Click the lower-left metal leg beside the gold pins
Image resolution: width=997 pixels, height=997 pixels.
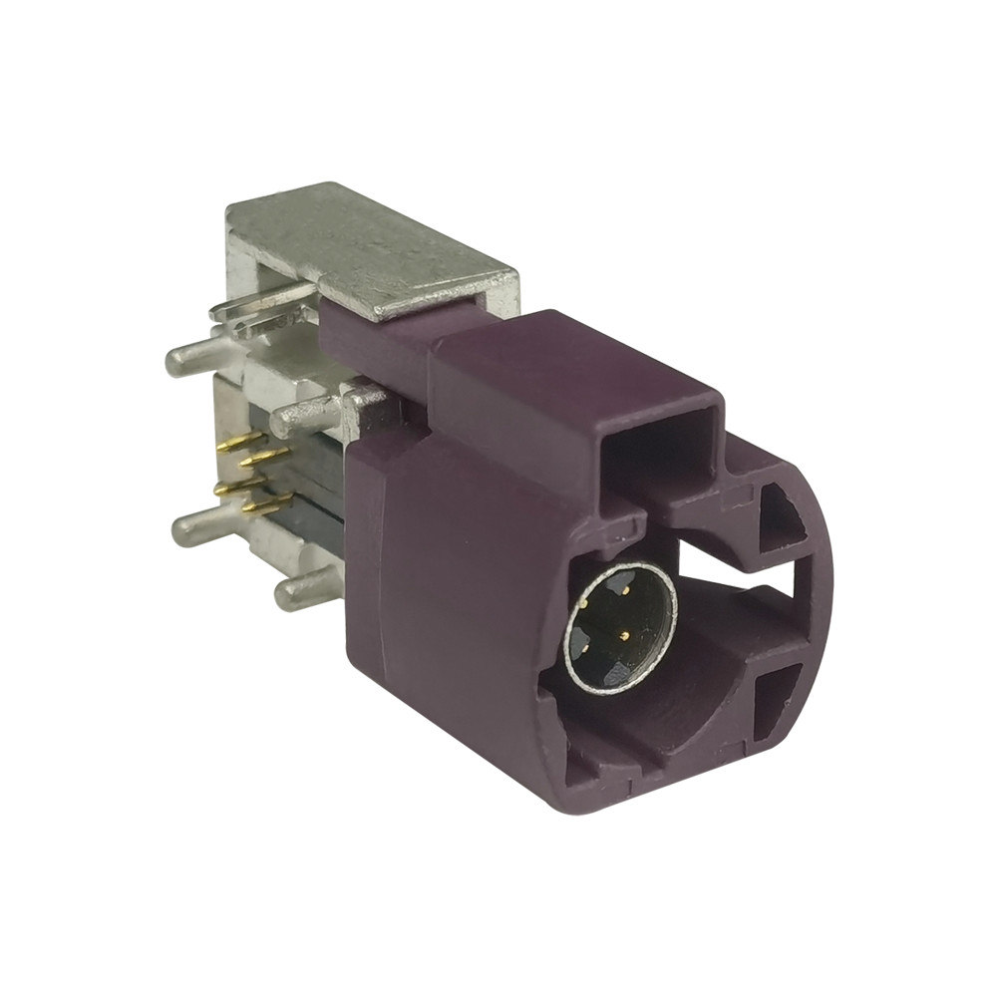point(199,525)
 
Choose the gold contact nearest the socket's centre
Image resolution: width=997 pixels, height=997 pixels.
point(623,633)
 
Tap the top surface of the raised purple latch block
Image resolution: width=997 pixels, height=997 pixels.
point(568,359)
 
